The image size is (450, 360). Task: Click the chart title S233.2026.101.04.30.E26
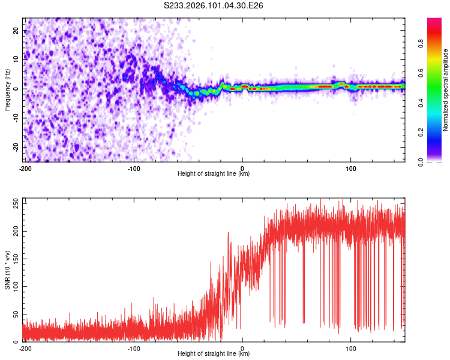(x=214, y=5)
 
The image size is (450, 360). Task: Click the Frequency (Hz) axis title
(x=7, y=89)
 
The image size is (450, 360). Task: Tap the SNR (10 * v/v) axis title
(x=7, y=270)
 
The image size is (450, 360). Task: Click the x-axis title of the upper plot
(x=214, y=173)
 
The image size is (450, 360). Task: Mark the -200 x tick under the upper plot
(x=25, y=168)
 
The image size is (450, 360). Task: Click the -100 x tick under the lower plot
(x=133, y=348)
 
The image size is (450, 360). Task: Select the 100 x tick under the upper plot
(x=350, y=168)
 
